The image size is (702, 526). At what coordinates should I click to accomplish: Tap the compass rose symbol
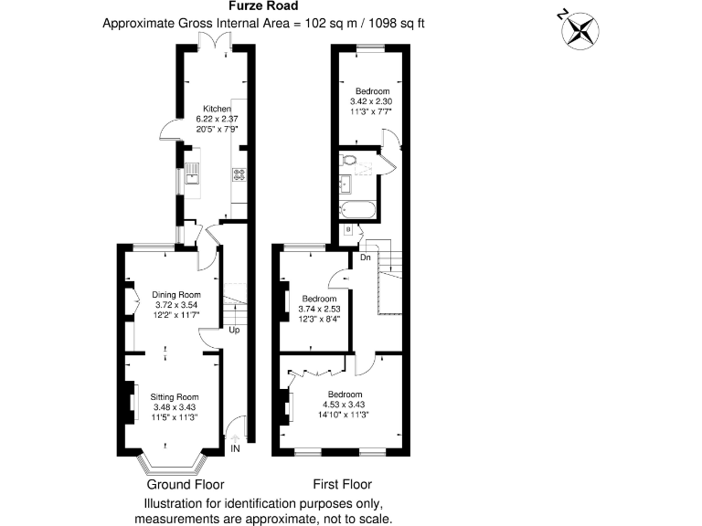(x=579, y=27)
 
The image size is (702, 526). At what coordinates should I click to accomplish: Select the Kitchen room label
(x=205, y=109)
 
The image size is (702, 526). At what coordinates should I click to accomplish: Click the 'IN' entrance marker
(x=235, y=448)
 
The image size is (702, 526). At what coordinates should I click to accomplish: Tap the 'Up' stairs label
(x=234, y=331)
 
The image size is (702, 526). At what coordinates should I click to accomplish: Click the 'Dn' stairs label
(x=364, y=258)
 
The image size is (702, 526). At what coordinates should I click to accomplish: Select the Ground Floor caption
(x=186, y=484)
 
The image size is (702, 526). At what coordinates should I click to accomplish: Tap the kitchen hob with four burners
(x=239, y=174)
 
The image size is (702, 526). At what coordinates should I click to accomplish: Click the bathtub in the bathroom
(x=356, y=210)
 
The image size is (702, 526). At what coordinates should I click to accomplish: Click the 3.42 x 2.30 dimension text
(x=373, y=101)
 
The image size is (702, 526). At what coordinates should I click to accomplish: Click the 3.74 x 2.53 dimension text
(x=320, y=309)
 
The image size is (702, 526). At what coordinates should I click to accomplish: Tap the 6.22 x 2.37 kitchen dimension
(x=206, y=119)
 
